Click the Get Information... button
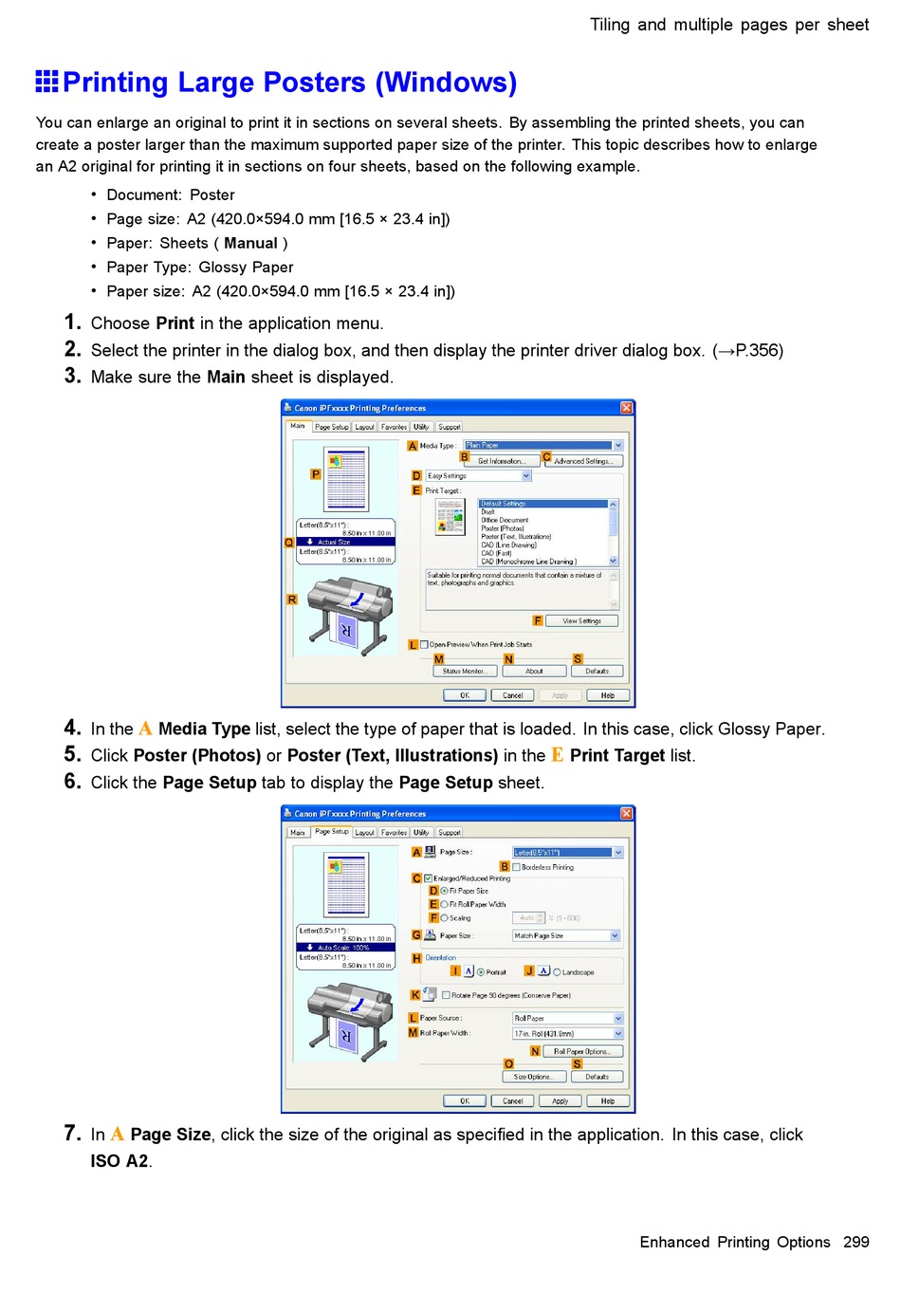(x=502, y=461)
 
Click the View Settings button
(x=581, y=620)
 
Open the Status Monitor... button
(x=464, y=671)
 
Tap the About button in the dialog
(x=534, y=671)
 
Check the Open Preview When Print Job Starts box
(x=425, y=644)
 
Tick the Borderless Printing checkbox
(x=517, y=867)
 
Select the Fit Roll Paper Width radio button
(x=445, y=904)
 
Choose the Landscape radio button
(x=557, y=971)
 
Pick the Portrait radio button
(x=481, y=971)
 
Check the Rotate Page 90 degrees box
(x=446, y=995)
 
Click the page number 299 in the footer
(x=855, y=1242)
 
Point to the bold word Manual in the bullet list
(x=250, y=243)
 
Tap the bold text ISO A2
(x=120, y=1161)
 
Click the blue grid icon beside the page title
(x=47, y=82)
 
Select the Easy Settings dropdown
(x=478, y=476)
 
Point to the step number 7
(x=72, y=1134)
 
